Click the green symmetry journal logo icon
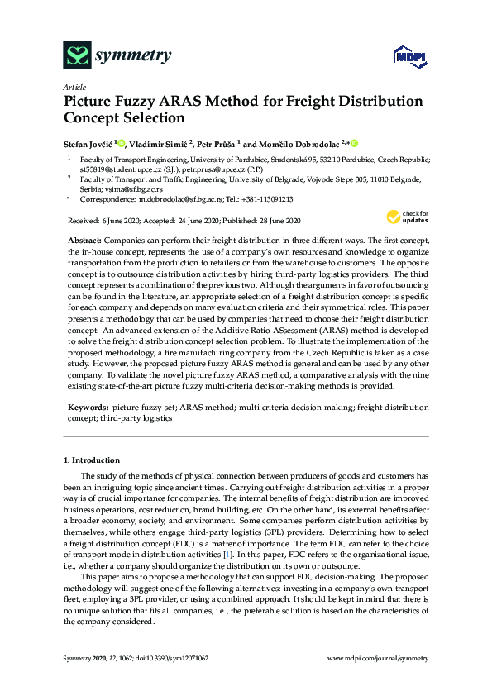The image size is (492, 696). tap(77, 55)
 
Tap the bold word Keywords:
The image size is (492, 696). tap(88, 408)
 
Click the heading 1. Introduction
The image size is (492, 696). tap(92, 460)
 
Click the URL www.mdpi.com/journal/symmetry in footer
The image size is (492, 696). tap(379, 657)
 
